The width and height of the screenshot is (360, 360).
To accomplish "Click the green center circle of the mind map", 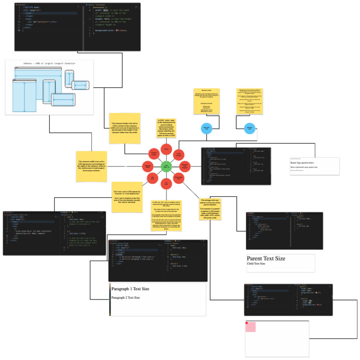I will [165, 166].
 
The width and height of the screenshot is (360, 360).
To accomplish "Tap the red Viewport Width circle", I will [148, 166].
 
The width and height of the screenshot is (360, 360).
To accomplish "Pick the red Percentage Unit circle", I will [179, 178].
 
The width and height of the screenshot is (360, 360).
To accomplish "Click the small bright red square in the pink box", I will [247, 323].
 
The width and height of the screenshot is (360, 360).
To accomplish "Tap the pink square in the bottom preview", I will [251, 327].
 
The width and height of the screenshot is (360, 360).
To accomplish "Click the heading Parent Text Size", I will [266, 258].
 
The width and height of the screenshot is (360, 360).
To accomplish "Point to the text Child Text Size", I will [256, 264].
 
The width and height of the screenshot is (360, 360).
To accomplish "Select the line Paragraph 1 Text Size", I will [130, 289].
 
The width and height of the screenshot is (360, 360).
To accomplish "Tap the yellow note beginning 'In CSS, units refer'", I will [166, 128].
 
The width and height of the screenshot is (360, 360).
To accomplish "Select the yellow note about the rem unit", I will [127, 197].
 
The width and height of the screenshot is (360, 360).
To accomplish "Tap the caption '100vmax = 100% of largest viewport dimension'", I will [49, 63].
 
